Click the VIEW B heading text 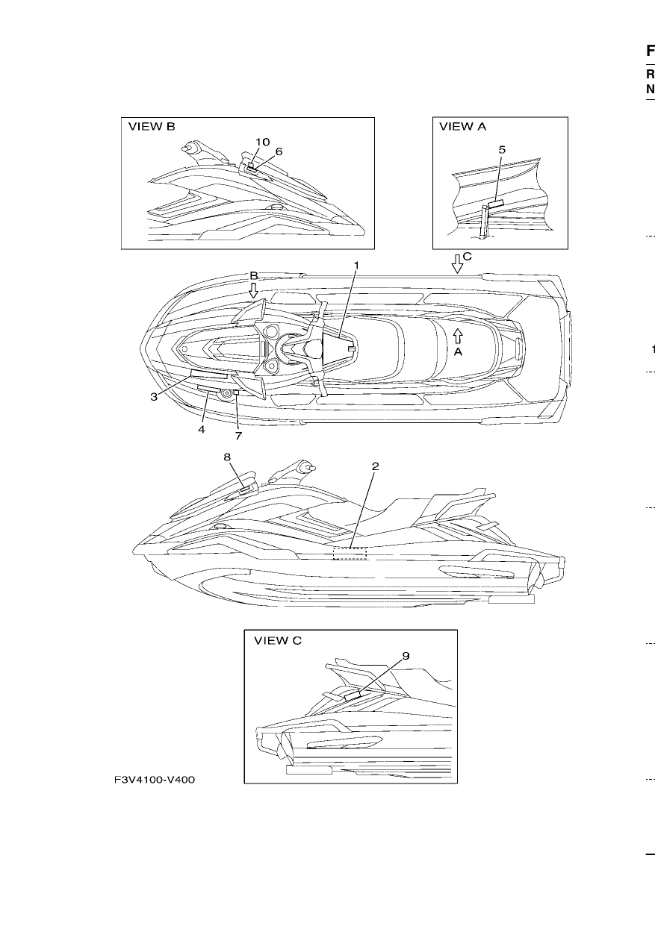pos(152,127)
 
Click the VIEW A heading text pos(462,127)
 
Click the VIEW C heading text pos(278,641)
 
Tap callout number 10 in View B pos(262,143)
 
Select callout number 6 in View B pos(279,151)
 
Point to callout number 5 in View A pos(502,150)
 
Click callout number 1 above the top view pos(356,265)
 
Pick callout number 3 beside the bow pos(154,397)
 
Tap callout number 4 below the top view pos(202,430)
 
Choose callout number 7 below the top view pos(238,436)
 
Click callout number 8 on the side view pos(227,457)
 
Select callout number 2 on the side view pos(375,466)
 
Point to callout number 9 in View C pos(406,656)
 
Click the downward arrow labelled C pos(457,264)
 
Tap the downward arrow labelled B pos(254,290)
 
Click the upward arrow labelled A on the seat pos(458,336)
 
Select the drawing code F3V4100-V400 pos(155,780)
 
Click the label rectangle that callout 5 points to pos(496,204)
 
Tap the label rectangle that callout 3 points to pos(209,375)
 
